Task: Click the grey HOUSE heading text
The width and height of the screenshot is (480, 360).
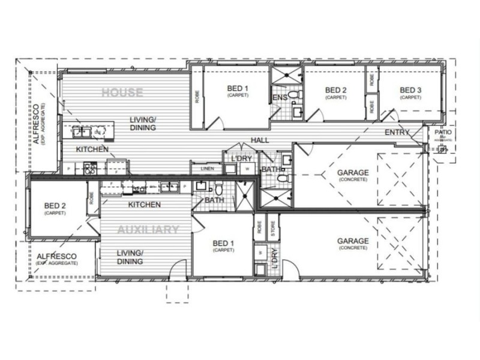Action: click(122, 92)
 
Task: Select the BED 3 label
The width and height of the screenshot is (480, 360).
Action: click(411, 91)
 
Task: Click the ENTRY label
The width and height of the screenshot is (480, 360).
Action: click(397, 132)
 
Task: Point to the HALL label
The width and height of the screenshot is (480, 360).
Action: click(260, 140)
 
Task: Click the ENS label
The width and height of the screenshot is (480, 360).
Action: click(279, 97)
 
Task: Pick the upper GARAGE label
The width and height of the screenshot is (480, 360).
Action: click(353, 173)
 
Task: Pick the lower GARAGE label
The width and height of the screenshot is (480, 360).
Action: click(353, 241)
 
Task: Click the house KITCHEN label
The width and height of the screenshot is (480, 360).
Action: click(92, 149)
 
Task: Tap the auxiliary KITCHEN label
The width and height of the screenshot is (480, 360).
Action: click(145, 205)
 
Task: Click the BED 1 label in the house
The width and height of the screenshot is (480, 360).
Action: click(238, 89)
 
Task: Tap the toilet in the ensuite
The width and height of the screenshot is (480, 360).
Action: click(293, 95)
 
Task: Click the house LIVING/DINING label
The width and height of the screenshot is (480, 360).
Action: click(143, 124)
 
